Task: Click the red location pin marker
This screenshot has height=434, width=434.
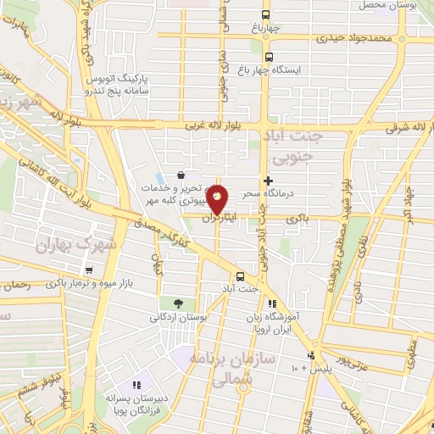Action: (x=217, y=199)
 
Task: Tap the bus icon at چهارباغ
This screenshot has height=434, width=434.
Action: (x=267, y=15)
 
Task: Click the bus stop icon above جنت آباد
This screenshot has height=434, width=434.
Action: (x=241, y=276)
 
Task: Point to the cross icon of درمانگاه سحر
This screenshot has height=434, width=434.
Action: (x=268, y=181)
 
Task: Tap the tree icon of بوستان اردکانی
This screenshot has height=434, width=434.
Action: (x=177, y=303)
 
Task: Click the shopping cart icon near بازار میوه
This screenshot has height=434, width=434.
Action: (x=88, y=270)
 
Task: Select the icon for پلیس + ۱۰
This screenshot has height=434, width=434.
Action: (x=312, y=355)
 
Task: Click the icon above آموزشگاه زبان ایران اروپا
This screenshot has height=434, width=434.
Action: (x=272, y=303)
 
